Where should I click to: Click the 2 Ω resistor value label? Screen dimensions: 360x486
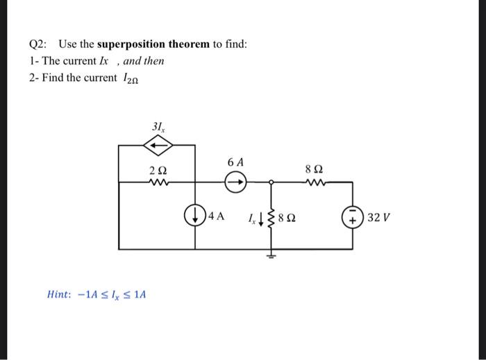click(x=158, y=170)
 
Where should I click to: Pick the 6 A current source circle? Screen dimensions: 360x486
click(x=235, y=183)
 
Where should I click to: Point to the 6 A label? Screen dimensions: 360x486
click(x=235, y=162)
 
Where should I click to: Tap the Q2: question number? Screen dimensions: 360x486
click(x=39, y=44)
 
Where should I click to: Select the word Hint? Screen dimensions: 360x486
click(x=58, y=294)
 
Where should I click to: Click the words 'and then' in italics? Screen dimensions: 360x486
click(x=144, y=60)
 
